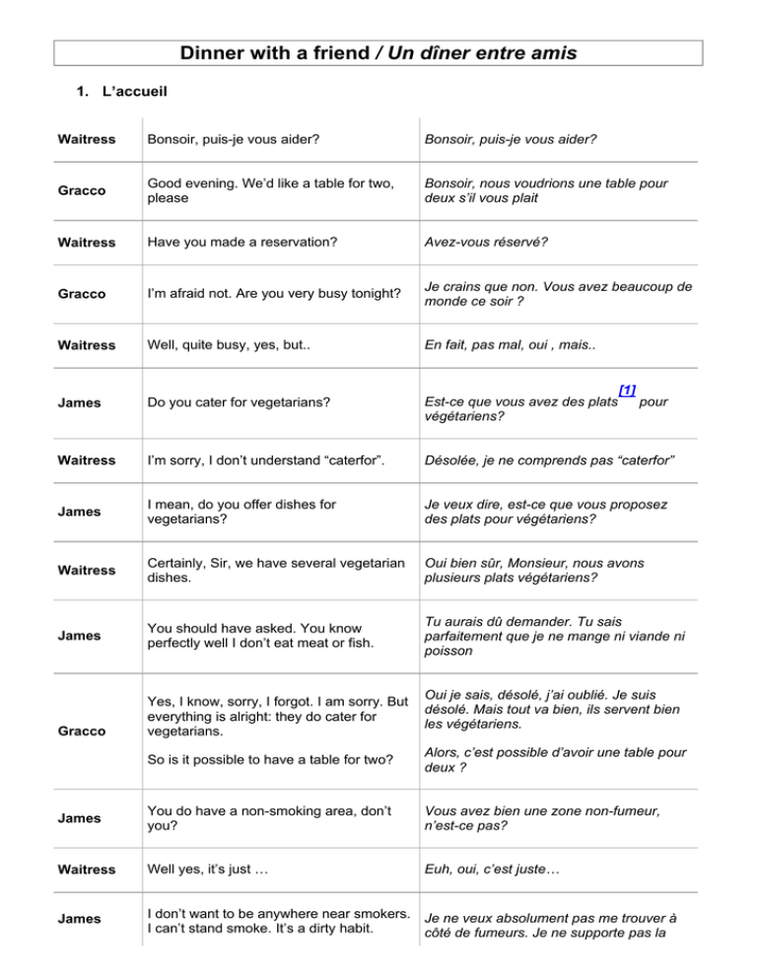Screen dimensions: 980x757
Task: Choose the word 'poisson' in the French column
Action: (x=449, y=651)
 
